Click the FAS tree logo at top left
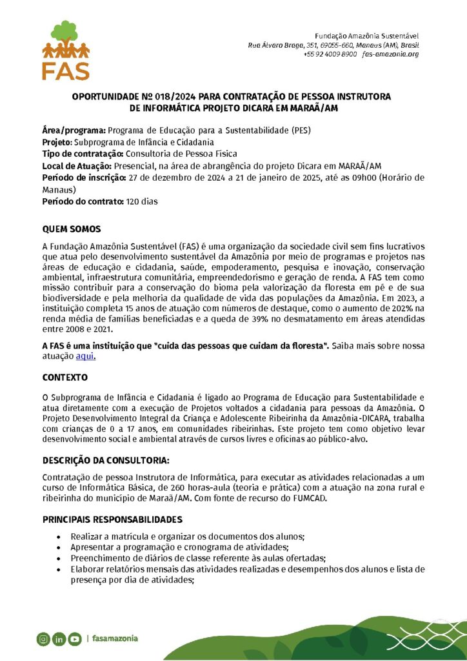66,50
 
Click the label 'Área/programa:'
74,130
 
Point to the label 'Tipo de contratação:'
83,154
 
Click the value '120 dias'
142,201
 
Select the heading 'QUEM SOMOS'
71,229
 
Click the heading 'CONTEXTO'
65,377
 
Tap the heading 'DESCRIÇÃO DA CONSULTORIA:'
106,461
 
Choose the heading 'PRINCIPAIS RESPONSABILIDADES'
112,520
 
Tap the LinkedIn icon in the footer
59,639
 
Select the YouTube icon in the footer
74,639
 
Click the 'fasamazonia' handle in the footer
115,639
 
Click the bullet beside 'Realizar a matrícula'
59,536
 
